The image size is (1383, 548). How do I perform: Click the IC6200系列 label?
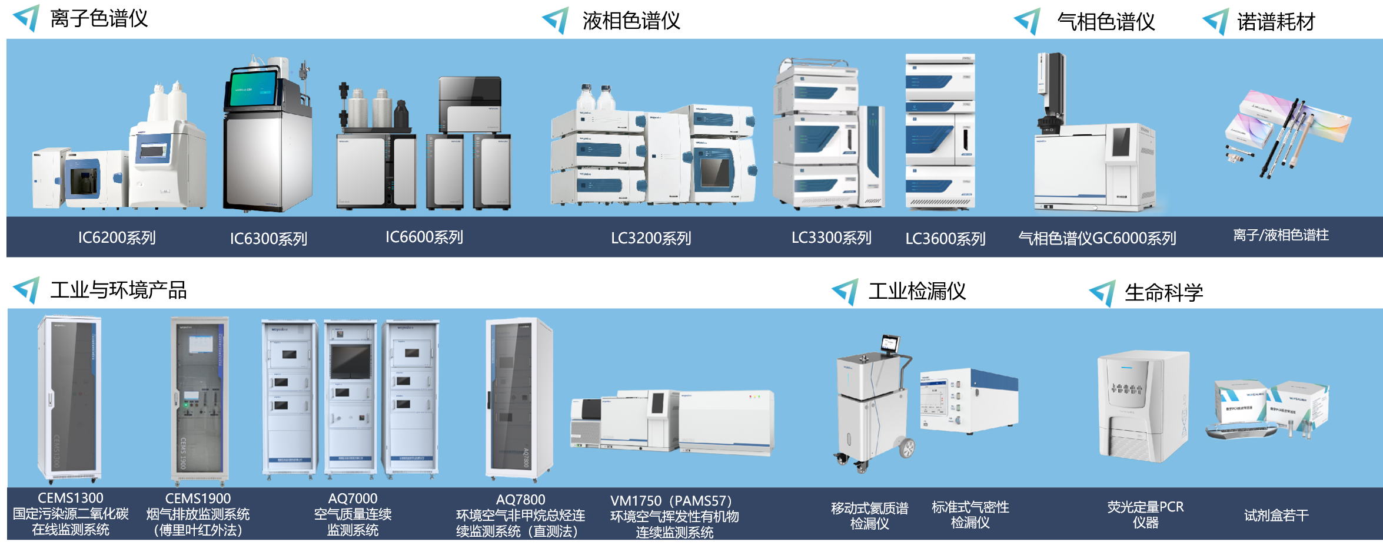click(x=117, y=237)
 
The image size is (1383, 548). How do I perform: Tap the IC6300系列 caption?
click(x=268, y=239)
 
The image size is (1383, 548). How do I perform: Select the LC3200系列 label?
click(x=650, y=238)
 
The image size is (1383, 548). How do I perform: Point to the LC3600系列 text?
click(x=945, y=239)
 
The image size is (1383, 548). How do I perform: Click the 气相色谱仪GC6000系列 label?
click(x=1097, y=238)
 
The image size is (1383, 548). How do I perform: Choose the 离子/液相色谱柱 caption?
click(x=1281, y=235)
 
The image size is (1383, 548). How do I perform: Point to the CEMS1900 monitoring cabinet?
click(x=198, y=401)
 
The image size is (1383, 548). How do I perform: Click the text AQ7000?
click(x=353, y=499)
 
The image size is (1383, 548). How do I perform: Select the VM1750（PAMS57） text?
click(x=671, y=501)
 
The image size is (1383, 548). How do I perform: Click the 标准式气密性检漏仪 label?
click(x=970, y=514)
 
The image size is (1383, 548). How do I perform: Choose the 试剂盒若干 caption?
click(x=1276, y=516)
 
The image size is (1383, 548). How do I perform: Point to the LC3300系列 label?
click(x=831, y=237)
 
